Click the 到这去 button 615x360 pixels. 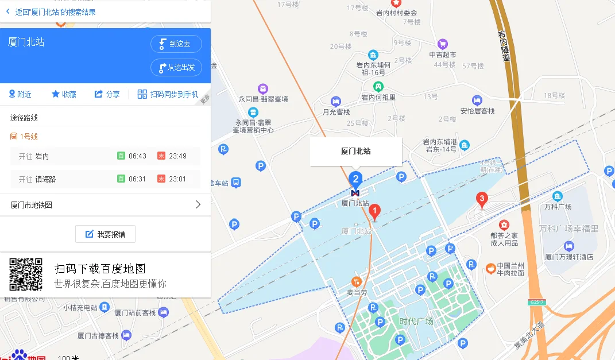(x=176, y=44)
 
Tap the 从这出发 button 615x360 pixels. (x=176, y=67)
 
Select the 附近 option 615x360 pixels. (x=20, y=94)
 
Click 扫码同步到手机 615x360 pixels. (x=168, y=94)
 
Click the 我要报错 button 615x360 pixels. (x=105, y=234)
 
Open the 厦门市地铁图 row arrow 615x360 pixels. (x=198, y=204)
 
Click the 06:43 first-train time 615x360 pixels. (x=137, y=156)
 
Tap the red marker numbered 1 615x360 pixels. (x=374, y=211)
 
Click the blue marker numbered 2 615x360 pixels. (x=356, y=179)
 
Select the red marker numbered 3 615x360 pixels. (x=482, y=200)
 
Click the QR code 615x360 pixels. (x=26, y=274)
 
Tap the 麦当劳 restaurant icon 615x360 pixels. (x=357, y=281)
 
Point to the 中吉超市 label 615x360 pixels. (x=442, y=55)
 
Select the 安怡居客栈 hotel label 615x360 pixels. (x=477, y=111)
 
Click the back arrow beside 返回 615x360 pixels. (x=8, y=11)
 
